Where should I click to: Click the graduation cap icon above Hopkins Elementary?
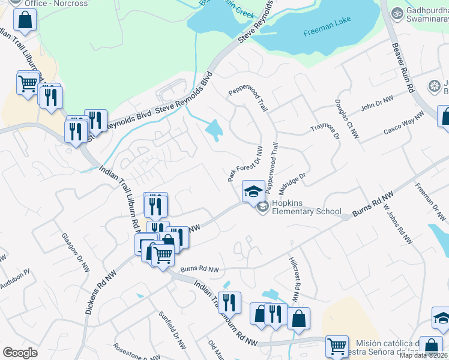[x=253, y=191]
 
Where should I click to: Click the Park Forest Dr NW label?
[x=245, y=163]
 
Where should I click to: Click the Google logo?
[x=20, y=352]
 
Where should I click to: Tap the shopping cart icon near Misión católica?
[x=337, y=346]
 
